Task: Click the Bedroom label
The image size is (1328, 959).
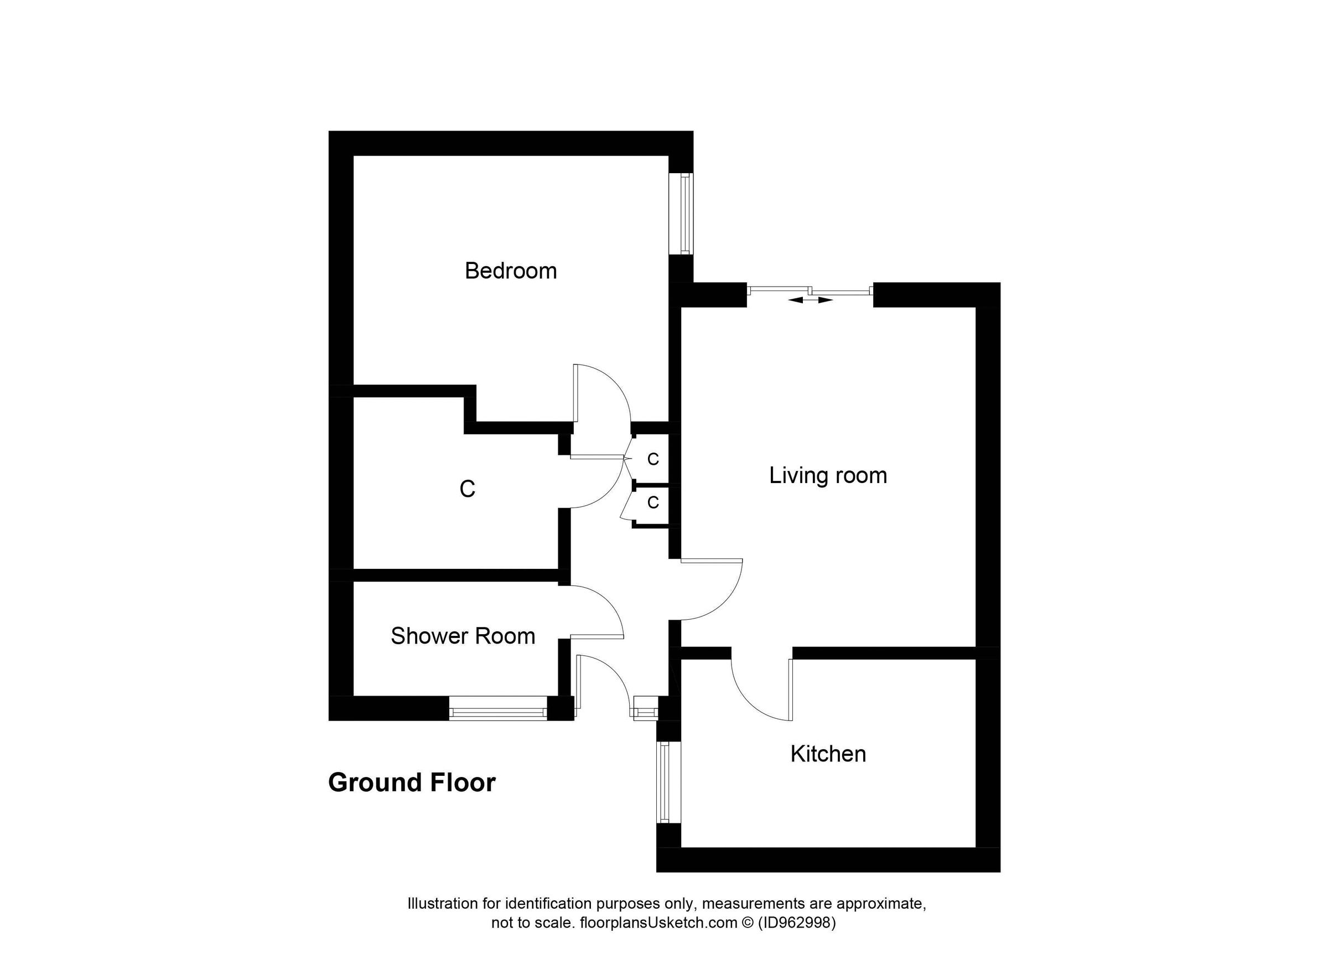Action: [511, 271]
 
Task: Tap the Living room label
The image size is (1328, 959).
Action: [828, 475]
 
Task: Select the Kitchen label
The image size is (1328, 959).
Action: [828, 754]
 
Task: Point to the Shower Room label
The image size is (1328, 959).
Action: [463, 636]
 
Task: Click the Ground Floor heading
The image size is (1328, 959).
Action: [412, 783]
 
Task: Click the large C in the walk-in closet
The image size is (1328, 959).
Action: [466, 489]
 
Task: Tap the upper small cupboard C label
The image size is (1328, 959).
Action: [653, 460]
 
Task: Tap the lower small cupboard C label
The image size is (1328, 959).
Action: [653, 502]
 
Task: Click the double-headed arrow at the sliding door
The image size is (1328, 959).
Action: [811, 300]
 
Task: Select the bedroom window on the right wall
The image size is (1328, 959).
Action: [683, 214]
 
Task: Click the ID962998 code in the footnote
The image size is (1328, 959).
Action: [797, 923]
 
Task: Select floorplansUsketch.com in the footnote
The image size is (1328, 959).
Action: [658, 923]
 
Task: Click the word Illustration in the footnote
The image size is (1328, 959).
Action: [443, 904]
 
